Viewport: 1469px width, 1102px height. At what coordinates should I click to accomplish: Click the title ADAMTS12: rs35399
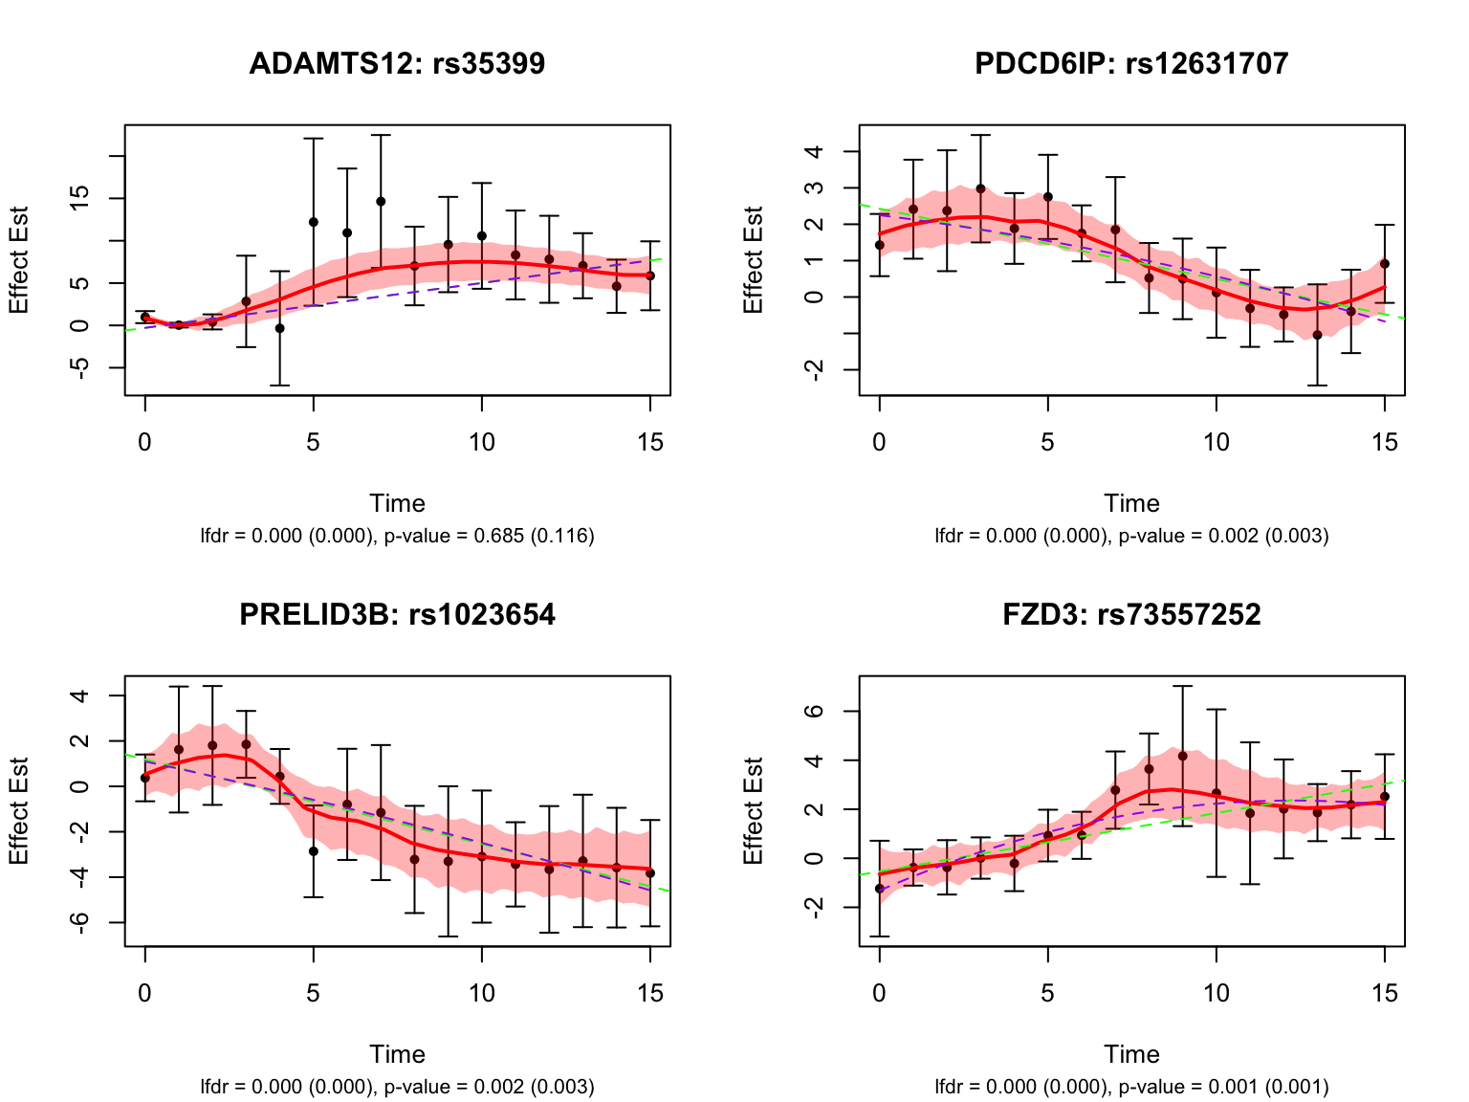(x=397, y=64)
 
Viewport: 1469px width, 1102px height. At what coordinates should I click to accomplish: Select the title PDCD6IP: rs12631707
(x=1131, y=64)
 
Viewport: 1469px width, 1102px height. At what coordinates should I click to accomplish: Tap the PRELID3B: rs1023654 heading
(x=397, y=614)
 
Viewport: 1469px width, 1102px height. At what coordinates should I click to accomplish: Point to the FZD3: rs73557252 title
(x=1131, y=614)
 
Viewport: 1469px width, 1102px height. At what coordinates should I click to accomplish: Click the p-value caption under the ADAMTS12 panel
(x=397, y=536)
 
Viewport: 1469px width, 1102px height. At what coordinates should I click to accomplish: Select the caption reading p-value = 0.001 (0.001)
(x=1131, y=1087)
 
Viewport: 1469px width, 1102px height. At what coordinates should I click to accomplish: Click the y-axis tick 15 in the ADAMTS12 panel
(x=80, y=198)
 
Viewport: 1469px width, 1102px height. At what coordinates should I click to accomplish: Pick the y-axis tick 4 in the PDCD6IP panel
(x=815, y=152)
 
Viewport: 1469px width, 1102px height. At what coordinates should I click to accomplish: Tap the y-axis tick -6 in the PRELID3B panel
(x=80, y=922)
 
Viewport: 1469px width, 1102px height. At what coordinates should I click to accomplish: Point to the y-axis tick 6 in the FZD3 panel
(x=815, y=712)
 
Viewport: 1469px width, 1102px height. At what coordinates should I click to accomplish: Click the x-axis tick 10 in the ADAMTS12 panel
(x=482, y=443)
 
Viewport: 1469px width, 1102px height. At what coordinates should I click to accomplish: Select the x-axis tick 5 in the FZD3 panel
(x=1047, y=994)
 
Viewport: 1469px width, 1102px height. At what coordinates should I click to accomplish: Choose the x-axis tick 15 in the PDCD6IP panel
(x=1384, y=443)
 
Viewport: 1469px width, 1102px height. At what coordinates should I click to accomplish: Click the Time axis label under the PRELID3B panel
(x=397, y=1054)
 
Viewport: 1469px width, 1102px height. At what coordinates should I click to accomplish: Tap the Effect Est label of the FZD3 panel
(x=754, y=811)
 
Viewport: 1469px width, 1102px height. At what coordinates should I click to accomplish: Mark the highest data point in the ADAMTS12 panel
(x=381, y=201)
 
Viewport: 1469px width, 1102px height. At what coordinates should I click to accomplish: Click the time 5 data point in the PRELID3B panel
(x=313, y=850)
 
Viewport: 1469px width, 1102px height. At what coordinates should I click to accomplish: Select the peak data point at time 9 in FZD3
(x=1182, y=756)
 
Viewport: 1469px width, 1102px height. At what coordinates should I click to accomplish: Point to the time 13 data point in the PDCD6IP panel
(x=1317, y=335)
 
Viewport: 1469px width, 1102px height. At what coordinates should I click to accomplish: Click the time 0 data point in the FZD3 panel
(x=880, y=889)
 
